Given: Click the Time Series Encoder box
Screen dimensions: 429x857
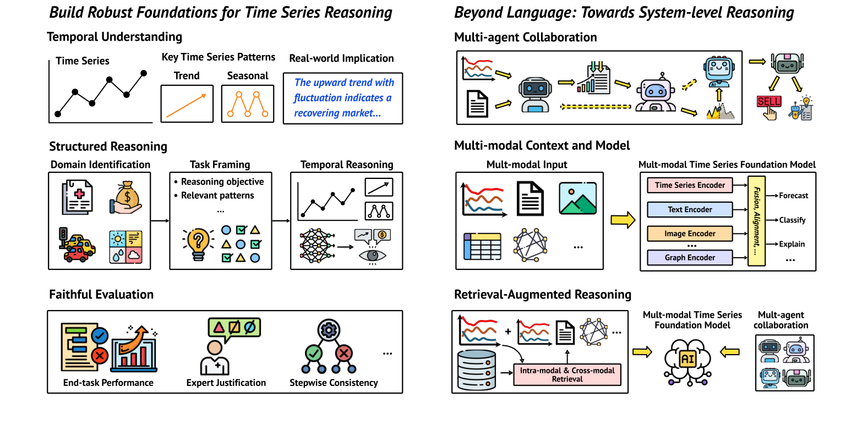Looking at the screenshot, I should click(690, 185).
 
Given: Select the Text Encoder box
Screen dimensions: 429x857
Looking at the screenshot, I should click(690, 209).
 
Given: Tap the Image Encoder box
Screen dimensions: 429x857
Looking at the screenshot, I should click(690, 233).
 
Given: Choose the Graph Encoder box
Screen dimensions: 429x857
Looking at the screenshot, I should click(690, 257).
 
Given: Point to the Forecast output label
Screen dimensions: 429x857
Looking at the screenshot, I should click(793, 196).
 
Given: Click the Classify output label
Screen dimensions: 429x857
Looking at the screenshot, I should click(792, 220).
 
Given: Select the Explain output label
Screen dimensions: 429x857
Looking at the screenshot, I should click(792, 244).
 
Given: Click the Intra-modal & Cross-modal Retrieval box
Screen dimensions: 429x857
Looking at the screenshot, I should click(567, 374).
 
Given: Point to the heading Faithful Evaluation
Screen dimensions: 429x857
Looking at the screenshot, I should click(101, 295).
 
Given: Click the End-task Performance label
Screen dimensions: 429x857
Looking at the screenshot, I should click(108, 383).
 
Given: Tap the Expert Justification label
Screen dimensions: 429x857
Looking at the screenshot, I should click(226, 383).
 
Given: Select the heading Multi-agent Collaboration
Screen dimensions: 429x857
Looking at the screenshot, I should click(525, 37).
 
